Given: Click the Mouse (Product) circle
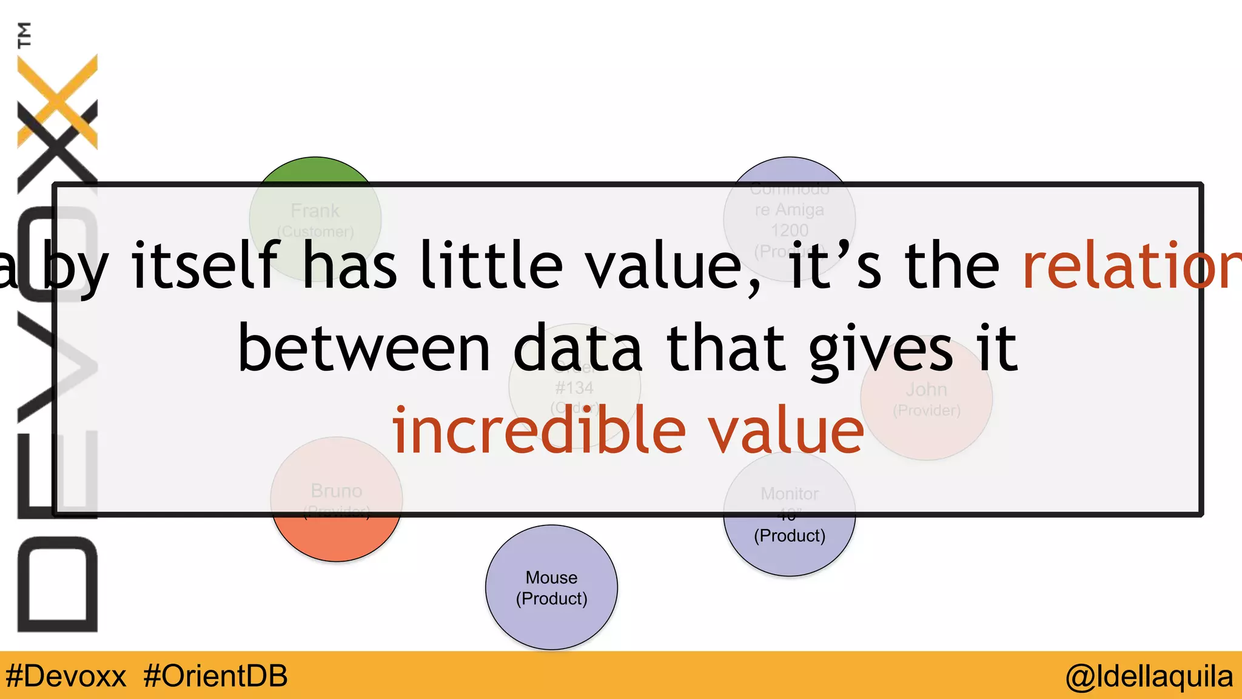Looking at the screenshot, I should coord(551,587).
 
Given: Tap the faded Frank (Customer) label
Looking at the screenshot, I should coord(315,220).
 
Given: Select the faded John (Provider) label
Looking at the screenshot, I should coord(926,399).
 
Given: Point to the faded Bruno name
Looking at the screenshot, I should coord(337,490).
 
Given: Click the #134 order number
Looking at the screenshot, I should coord(574,388).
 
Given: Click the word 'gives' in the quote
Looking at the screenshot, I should coord(881,349).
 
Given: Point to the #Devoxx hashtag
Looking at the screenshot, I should coord(65,676).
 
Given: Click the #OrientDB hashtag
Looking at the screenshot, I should coord(215,676).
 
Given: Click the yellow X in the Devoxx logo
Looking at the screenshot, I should coord(58,100).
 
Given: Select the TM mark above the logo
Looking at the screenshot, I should coord(24,35).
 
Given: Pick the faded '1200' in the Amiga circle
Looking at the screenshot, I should coord(790,231).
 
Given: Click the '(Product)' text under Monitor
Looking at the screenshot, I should coord(790,536).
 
